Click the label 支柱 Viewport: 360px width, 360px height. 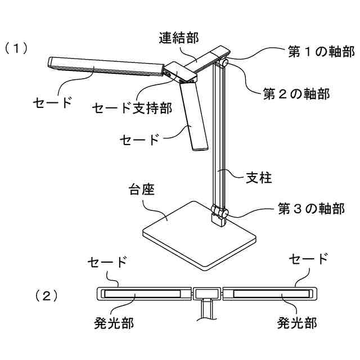tap(259, 178)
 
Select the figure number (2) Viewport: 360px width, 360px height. tap(47, 294)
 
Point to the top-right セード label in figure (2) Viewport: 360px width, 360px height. tap(308, 259)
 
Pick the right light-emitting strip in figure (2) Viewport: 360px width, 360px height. tap(269, 294)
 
